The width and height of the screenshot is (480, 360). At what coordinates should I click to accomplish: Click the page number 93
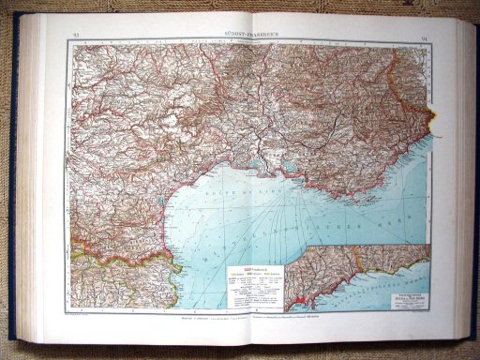[75, 36]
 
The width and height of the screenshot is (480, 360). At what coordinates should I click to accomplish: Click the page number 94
[424, 36]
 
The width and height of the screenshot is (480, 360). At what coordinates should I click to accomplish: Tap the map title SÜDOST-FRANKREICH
[247, 34]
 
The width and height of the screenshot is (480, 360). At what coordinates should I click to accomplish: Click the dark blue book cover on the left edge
[12, 187]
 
